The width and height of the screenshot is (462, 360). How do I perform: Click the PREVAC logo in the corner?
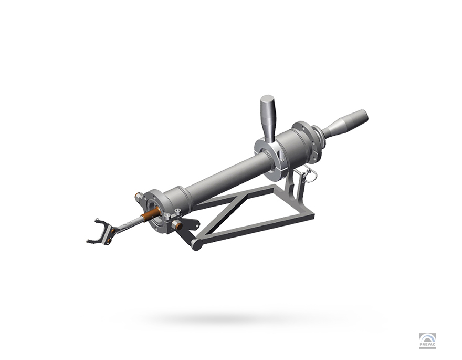[427, 341]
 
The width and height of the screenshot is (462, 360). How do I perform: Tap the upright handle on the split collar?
[268, 118]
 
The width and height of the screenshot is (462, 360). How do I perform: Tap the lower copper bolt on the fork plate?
[109, 241]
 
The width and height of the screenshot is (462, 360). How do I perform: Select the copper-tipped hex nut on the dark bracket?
[177, 226]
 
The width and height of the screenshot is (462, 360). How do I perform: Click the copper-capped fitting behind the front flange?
[138, 196]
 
